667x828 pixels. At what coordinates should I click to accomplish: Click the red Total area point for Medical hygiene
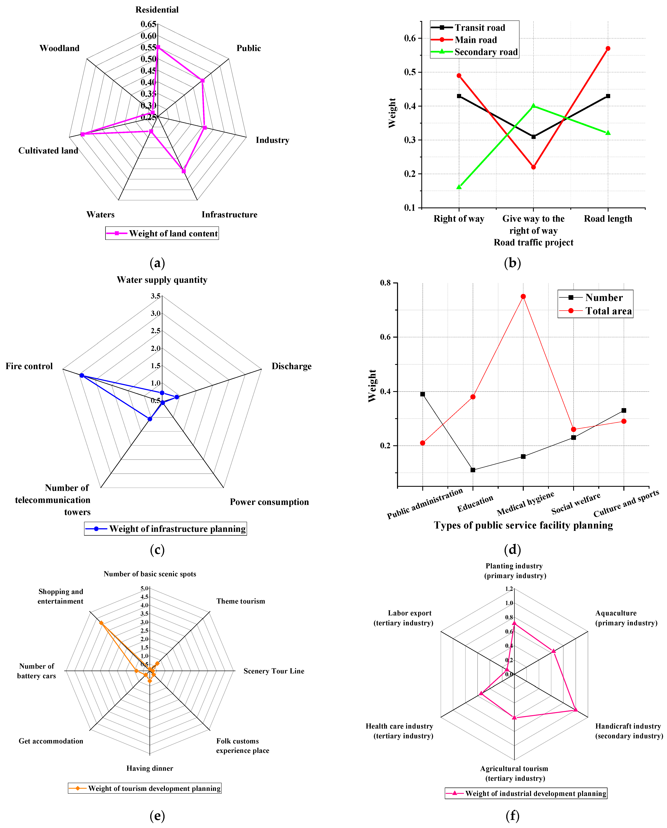[523, 296]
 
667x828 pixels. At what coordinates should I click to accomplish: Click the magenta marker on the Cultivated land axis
[82, 134]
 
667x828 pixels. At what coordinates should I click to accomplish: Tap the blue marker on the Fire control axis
[81, 375]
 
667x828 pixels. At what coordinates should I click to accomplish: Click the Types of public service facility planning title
[523, 525]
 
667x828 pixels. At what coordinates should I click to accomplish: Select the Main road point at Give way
[533, 167]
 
